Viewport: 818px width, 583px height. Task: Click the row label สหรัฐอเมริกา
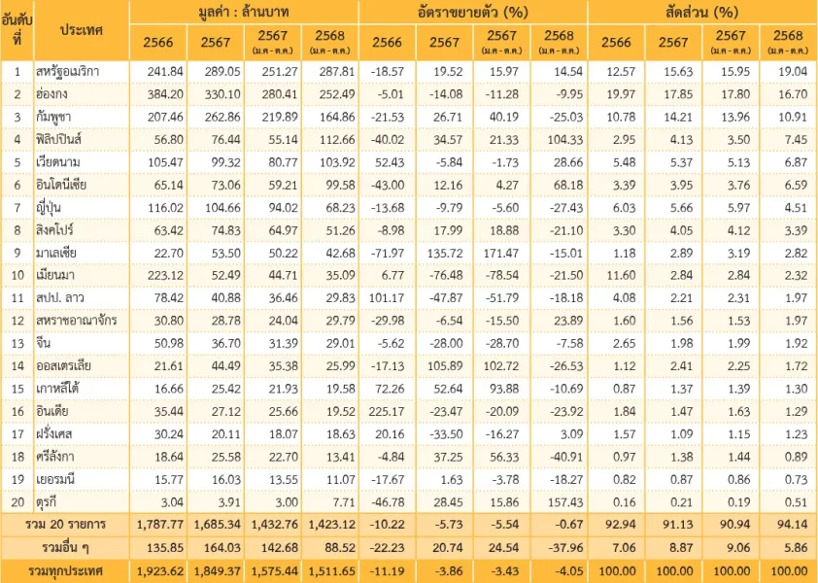(x=73, y=72)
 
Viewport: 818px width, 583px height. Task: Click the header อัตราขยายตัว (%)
(x=473, y=12)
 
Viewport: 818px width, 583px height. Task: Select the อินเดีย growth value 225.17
(x=388, y=411)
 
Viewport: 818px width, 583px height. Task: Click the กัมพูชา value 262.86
(x=217, y=118)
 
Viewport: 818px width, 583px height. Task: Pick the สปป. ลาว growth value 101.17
(x=388, y=296)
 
